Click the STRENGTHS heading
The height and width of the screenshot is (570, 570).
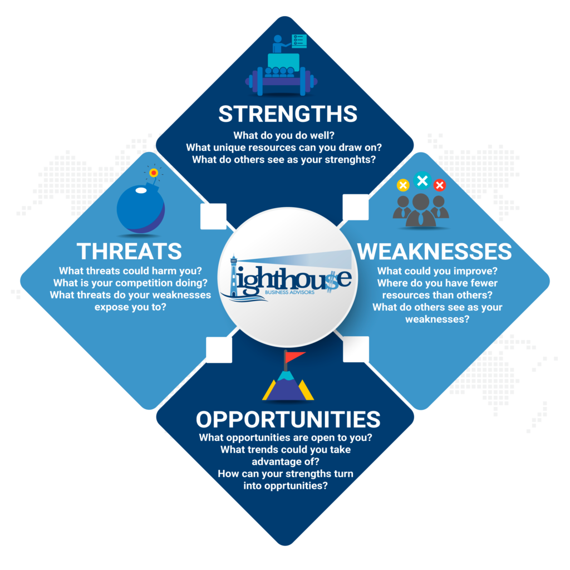(288, 114)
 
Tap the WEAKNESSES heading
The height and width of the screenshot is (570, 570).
(434, 252)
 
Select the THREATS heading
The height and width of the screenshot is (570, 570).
(129, 251)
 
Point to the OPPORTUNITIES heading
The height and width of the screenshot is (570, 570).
(288, 419)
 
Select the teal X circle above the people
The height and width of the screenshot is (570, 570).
(422, 180)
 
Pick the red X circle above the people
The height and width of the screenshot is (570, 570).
(440, 185)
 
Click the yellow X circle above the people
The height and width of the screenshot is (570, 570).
(403, 185)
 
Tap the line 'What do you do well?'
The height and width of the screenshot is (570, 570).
(288, 135)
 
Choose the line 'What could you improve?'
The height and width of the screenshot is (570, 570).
(438, 271)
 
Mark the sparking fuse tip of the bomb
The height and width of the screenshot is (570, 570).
(154, 173)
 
